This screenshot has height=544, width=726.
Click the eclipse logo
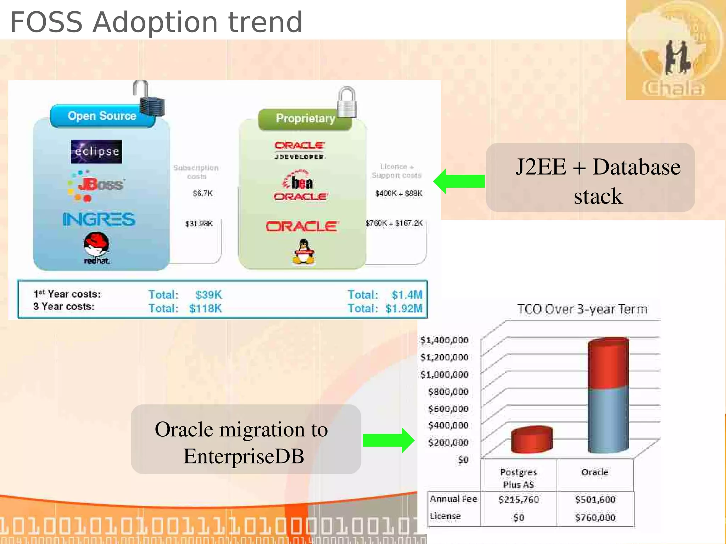coord(96,152)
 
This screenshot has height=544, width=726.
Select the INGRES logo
coord(99,219)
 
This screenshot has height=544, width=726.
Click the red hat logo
coord(96,248)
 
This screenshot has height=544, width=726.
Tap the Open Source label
coord(102,116)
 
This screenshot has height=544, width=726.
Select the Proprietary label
coord(305,118)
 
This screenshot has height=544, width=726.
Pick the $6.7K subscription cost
coord(202,193)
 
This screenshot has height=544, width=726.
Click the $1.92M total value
coord(404,308)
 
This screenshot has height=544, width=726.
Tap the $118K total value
coord(205,308)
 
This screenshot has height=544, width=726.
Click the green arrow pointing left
coord(459,181)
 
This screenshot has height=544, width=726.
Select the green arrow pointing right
coord(389,440)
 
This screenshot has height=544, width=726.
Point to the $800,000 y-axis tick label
coord(448,392)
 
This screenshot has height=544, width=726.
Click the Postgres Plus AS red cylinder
coord(532,440)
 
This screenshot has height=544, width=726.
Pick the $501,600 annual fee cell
coord(595,500)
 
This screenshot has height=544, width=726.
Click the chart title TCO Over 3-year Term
coord(582,309)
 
